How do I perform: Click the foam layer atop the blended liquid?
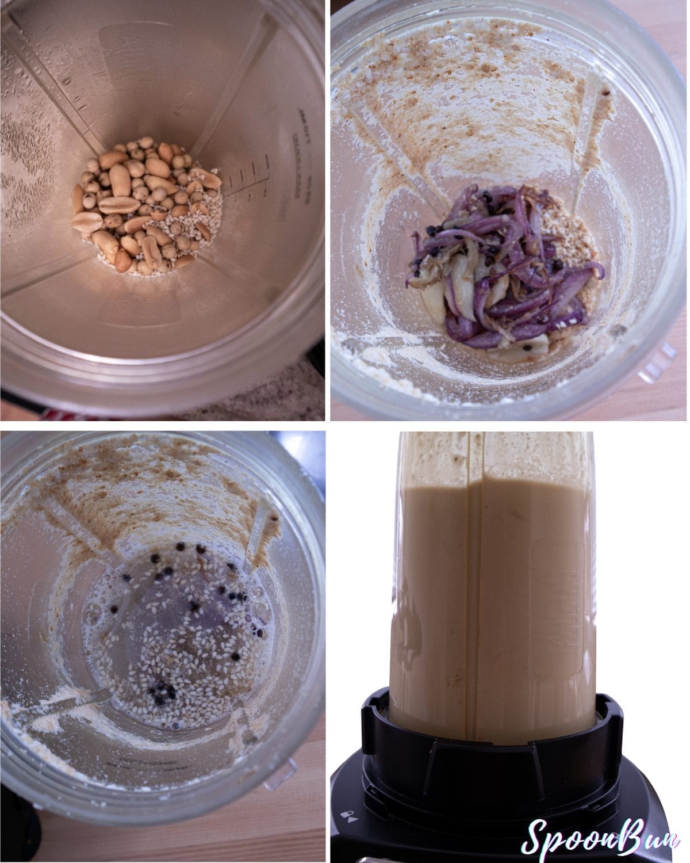click(x=489, y=455)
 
